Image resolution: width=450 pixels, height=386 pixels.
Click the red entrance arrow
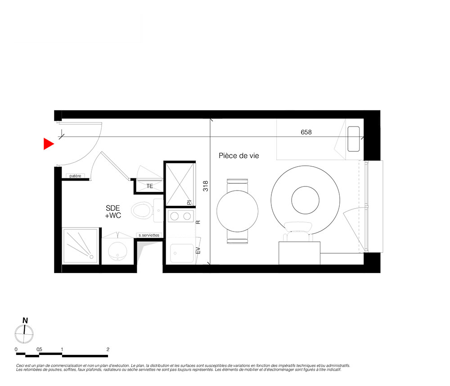48,144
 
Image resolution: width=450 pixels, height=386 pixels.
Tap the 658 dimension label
306,132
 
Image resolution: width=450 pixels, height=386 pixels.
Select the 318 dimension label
206,186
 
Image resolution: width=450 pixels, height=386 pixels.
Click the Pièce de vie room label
239,156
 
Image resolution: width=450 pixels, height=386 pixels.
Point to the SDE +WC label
113,212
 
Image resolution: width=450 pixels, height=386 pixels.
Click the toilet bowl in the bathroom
141,210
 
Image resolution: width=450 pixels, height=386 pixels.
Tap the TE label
149,186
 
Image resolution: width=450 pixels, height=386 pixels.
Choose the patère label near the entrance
75,176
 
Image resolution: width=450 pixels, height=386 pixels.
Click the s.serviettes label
149,235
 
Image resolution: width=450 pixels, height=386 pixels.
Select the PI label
189,203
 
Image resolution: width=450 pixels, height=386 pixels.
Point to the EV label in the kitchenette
198,250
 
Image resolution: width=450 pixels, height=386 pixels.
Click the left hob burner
175,216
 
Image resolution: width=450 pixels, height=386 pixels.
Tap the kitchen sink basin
182,253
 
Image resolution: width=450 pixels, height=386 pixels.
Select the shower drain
91,257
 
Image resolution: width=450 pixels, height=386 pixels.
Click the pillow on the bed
354,139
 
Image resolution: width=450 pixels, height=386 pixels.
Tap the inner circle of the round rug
306,200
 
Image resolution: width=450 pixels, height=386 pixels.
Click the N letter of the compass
25,321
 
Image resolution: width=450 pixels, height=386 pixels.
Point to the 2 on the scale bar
108,349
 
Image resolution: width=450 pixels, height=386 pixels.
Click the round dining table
237,211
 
